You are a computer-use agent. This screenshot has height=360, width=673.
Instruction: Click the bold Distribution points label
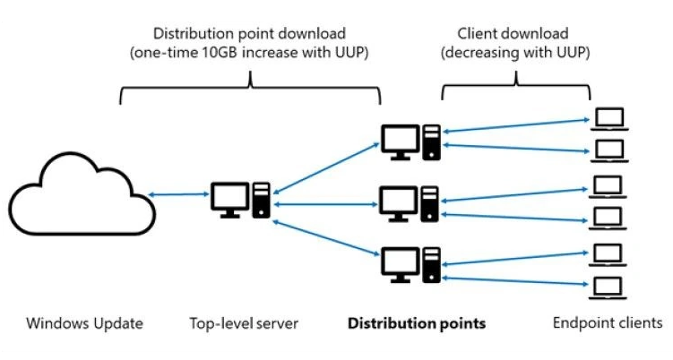coord(417,322)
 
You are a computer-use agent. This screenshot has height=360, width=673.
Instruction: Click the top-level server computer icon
coord(241,199)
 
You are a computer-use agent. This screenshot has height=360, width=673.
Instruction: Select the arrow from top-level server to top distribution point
coord(328,165)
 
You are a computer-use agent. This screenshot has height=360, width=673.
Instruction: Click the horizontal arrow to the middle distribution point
coord(328,205)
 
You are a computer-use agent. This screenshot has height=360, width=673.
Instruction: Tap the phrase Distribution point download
coord(249,33)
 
